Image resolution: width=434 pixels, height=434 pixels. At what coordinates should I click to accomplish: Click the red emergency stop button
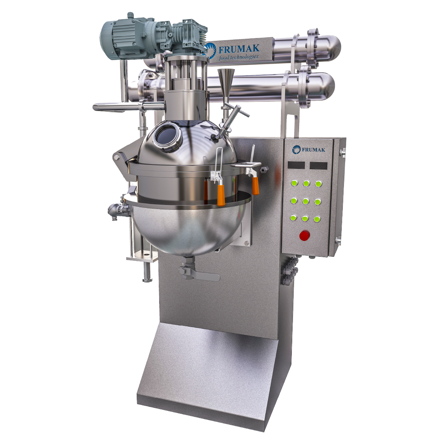[305, 235]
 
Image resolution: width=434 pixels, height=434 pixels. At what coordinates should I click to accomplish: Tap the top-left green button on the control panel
[294, 183]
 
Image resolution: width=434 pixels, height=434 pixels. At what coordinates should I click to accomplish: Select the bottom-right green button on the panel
[317, 219]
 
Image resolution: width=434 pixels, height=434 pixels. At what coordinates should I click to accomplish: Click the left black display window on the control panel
[296, 165]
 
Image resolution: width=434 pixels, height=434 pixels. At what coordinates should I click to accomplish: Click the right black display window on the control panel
[319, 166]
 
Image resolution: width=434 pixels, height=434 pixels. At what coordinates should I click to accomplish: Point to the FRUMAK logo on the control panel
[309, 149]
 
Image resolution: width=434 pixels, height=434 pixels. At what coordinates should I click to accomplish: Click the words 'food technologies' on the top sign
[238, 57]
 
